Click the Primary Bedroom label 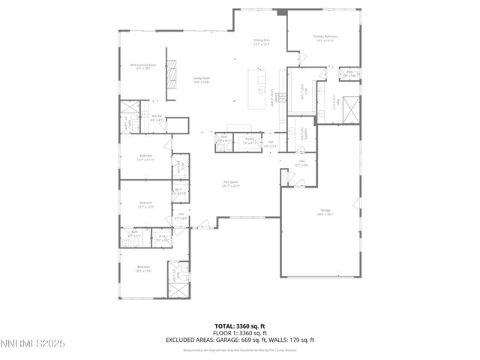325,37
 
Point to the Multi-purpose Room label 142,67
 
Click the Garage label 325,213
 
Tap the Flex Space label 230,183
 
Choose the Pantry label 250,140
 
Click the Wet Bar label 157,118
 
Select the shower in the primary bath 349,110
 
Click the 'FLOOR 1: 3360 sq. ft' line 239,333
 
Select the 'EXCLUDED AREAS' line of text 239,340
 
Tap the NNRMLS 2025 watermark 33,343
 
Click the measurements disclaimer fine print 239,348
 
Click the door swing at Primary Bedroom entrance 302,58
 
